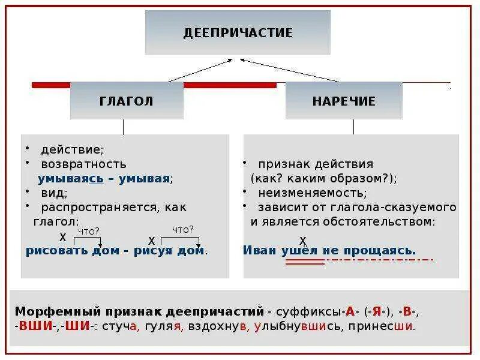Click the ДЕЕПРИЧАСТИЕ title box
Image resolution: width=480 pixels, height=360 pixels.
238,32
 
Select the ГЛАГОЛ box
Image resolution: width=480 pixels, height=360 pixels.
127,101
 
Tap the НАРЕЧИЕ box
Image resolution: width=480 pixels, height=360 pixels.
344,101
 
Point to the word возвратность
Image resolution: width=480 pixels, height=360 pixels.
83,164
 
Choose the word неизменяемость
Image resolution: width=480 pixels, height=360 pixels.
313,193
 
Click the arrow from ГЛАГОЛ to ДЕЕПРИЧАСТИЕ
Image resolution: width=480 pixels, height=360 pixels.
200,70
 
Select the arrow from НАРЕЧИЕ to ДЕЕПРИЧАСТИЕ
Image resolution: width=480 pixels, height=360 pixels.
289,70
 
